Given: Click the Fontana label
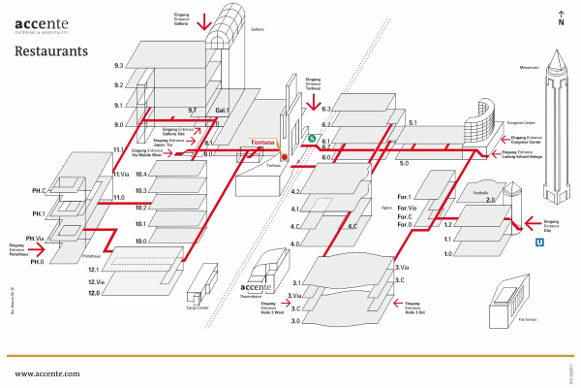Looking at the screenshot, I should (262, 144).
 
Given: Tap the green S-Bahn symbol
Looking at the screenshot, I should (312, 138).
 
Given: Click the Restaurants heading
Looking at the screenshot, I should (51, 50).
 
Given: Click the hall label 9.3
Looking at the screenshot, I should (118, 66).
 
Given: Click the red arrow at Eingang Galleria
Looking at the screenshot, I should (203, 21).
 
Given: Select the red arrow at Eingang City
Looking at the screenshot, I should (518, 219).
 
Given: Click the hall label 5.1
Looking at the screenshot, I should (413, 123).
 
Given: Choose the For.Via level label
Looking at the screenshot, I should (407, 209).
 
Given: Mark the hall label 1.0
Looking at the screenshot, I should (448, 253).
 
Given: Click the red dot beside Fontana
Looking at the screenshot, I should (285, 156).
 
